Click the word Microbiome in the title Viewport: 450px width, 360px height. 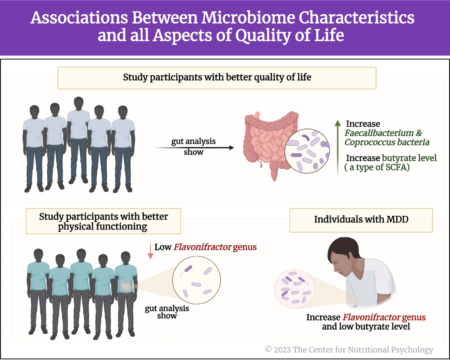click(248, 18)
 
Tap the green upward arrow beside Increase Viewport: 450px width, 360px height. click(338, 146)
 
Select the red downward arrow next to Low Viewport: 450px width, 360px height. click(150, 251)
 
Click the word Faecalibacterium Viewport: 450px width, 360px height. click(379, 133)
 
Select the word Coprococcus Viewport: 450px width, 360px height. click(369, 142)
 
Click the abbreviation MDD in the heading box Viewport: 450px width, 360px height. click(397, 219)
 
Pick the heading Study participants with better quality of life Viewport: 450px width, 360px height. click(217, 77)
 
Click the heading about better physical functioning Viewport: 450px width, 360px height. click(103, 221)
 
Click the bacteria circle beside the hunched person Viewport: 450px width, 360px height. click(294, 289)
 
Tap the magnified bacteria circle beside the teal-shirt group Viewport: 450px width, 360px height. click(196, 280)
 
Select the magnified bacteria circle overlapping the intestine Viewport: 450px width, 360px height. click(307, 151)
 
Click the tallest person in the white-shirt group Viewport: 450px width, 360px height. click(78, 138)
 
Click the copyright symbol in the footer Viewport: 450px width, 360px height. click(268, 349)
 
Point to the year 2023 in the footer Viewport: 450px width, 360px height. click(282, 350)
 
